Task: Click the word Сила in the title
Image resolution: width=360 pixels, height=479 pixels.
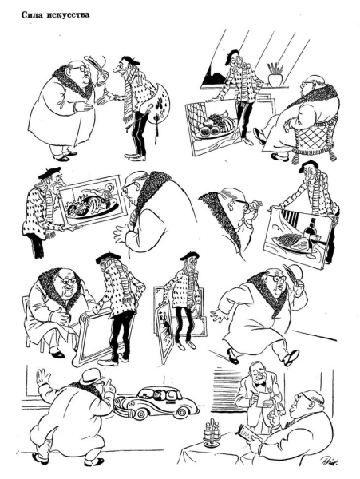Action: pyautogui.click(x=31, y=15)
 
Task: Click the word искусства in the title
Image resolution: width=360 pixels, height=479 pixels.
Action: pyautogui.click(x=68, y=15)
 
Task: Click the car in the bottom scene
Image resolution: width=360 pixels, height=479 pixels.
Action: pyautogui.click(x=156, y=402)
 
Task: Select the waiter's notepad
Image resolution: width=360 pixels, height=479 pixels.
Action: pyautogui.click(x=263, y=399)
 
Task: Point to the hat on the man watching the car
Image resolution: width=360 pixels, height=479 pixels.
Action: pyautogui.click(x=91, y=376)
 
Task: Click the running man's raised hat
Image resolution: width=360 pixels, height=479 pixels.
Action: pyautogui.click(x=292, y=272)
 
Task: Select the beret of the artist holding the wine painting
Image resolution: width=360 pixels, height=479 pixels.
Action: pyautogui.click(x=309, y=167)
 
